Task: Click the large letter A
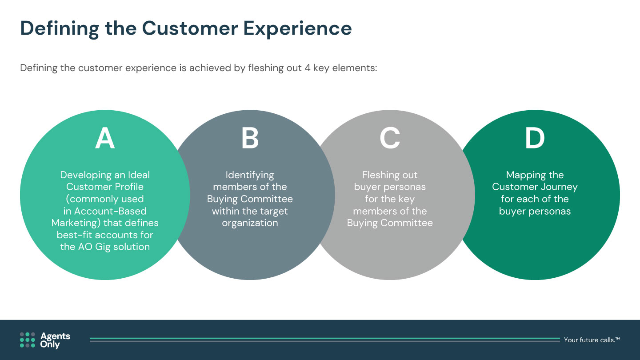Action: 105,138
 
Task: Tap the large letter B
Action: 250,138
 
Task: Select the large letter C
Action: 390,138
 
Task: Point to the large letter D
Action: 535,138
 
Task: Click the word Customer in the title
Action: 190,28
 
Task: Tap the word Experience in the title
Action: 297,28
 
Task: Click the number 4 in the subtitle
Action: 308,68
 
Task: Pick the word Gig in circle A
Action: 103,247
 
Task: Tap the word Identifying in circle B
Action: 250,175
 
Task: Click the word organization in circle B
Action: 250,223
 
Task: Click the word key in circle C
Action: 406,199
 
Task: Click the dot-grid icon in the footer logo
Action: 28,340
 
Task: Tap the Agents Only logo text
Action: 55,340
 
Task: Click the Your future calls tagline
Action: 592,340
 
